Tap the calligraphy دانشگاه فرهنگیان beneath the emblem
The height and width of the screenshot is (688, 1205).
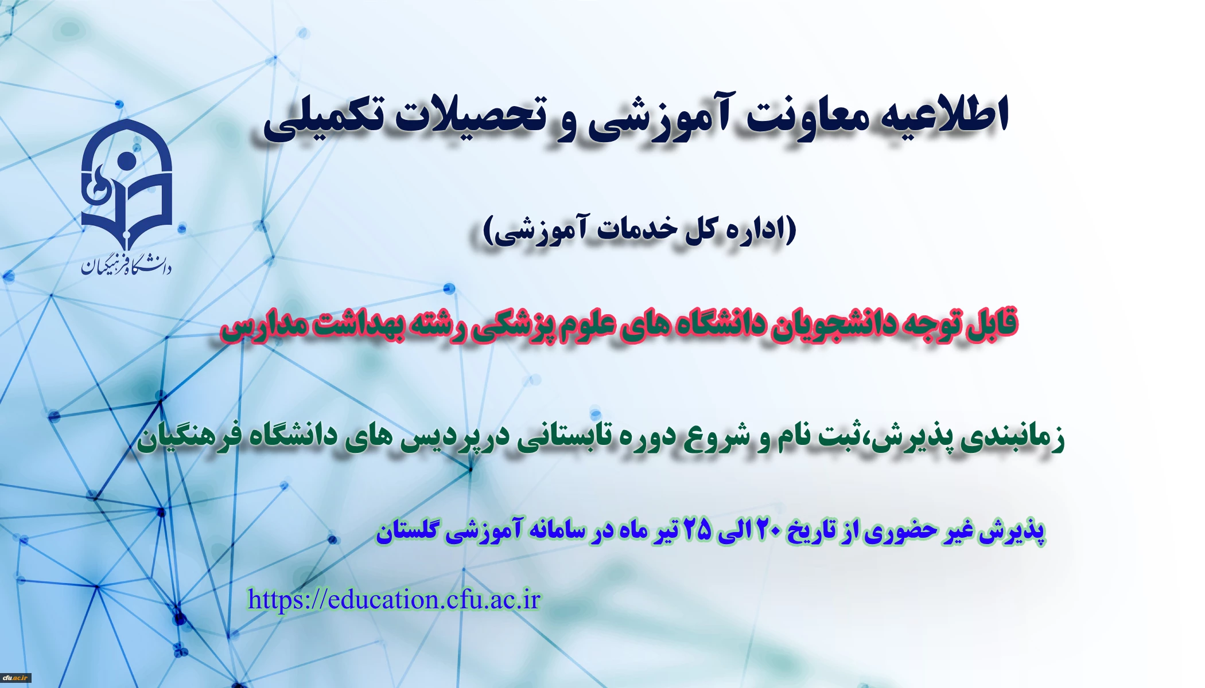(126, 264)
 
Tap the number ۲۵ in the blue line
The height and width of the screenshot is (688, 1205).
(697, 530)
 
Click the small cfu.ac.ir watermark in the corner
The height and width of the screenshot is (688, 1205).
(15, 678)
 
